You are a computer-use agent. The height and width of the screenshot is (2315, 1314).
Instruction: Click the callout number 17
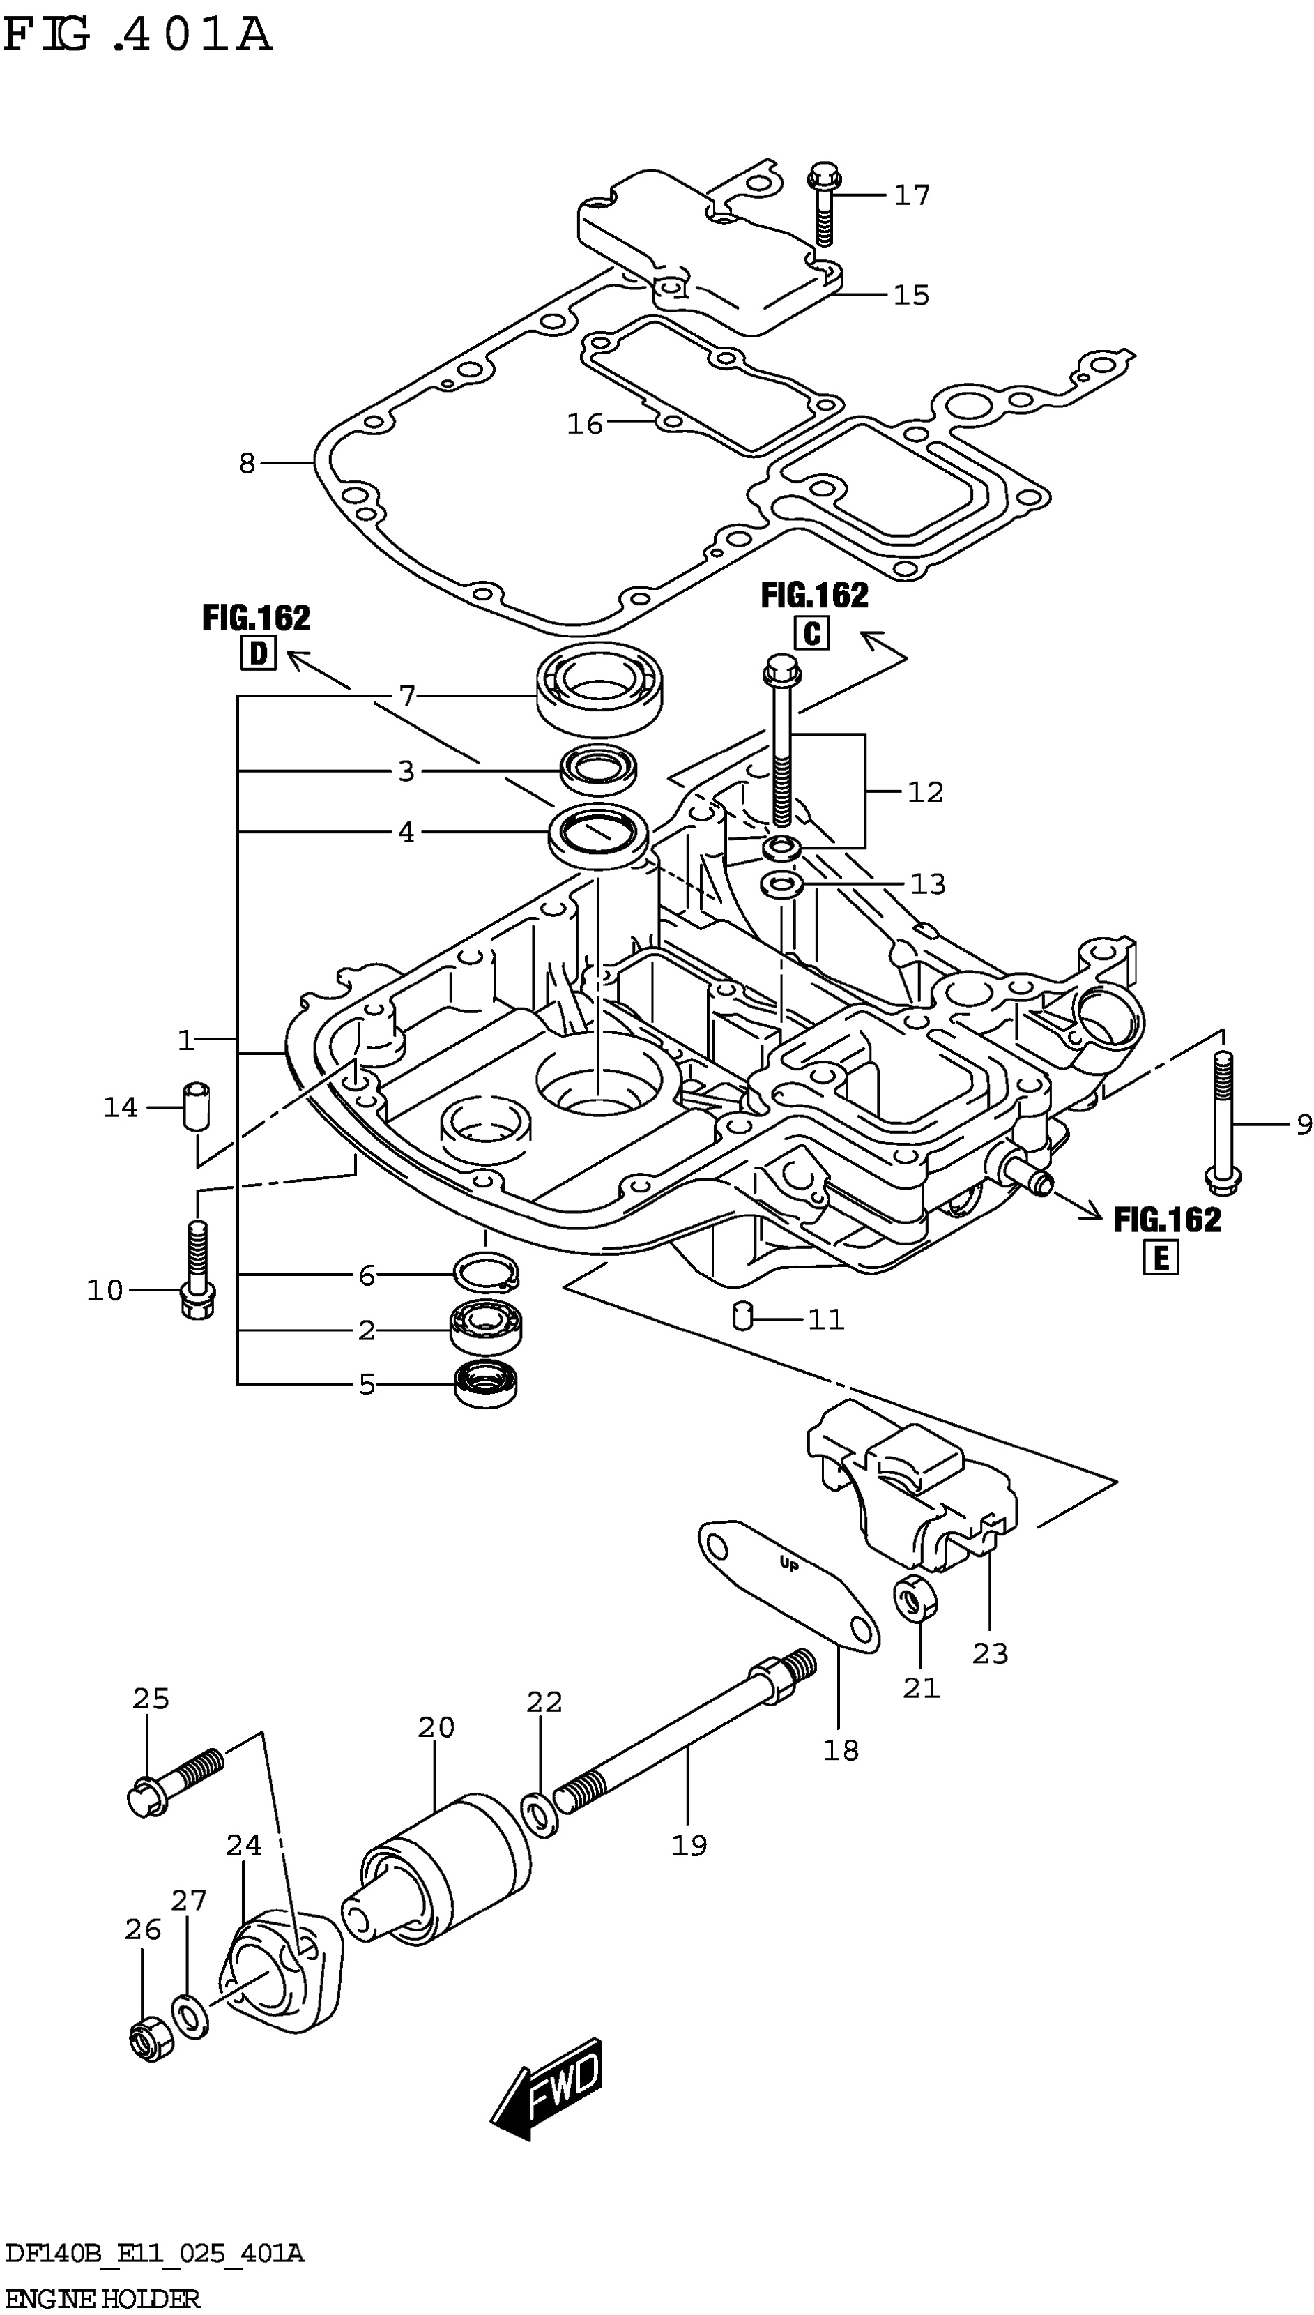(912, 195)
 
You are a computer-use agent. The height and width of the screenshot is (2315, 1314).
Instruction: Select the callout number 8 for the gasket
(246, 464)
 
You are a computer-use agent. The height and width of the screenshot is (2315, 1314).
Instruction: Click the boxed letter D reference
(258, 653)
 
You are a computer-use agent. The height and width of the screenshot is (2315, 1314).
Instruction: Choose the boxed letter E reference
(1161, 1257)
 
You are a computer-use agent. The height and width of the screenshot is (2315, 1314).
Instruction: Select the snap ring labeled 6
(487, 1272)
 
